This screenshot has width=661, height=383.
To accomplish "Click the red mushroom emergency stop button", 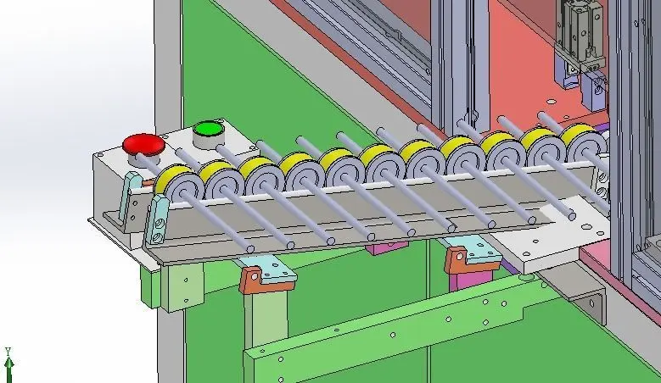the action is [143, 145].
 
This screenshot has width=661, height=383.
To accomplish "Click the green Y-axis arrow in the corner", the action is [8, 365].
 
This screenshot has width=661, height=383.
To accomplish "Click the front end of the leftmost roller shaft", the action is [250, 249].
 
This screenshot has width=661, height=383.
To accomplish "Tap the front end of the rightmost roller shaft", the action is [572, 216].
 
